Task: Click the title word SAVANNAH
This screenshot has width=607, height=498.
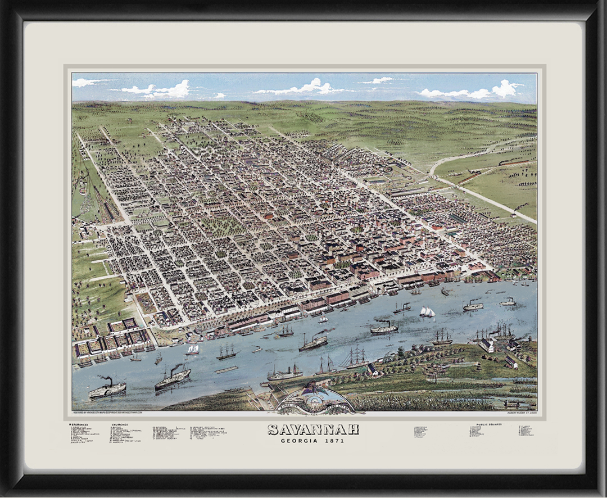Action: click(313, 430)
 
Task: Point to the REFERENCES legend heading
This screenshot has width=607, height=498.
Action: click(79, 424)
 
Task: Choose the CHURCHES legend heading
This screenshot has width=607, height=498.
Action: click(120, 424)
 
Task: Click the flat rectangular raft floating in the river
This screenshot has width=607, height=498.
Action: click(226, 370)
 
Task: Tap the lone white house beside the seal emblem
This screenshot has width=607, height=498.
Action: click(372, 369)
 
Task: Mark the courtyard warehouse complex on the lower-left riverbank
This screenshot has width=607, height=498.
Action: click(112, 340)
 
